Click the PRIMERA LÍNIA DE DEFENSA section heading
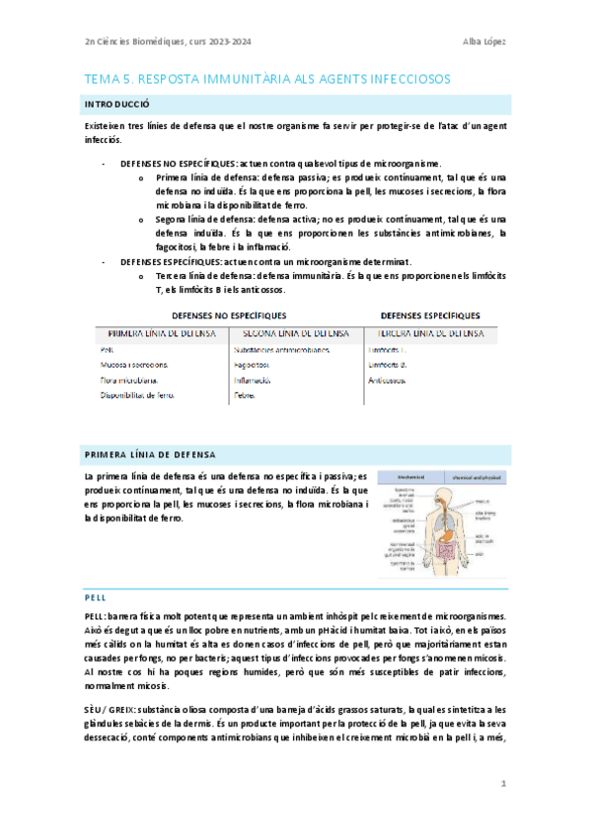point(150,453)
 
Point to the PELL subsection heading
point(96,597)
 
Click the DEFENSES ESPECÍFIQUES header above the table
point(431,315)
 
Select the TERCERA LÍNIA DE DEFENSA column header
point(430,334)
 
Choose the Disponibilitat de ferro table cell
point(138,395)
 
